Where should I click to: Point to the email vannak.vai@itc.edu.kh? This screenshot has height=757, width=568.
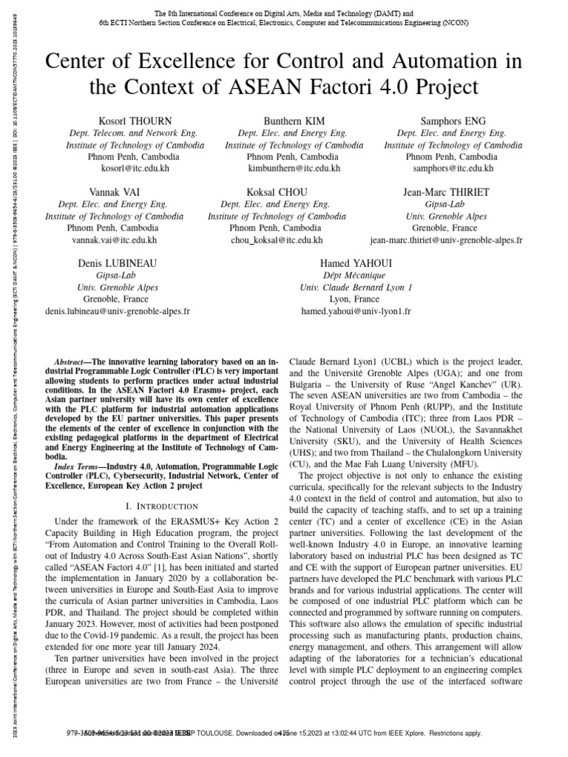tap(114, 241)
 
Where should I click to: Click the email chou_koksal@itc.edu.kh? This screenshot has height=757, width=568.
tap(277, 241)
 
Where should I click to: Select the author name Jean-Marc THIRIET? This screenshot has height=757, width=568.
tap(446, 192)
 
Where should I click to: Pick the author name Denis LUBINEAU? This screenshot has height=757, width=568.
tap(118, 263)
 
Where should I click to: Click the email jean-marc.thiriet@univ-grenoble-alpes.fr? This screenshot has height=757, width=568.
tap(446, 241)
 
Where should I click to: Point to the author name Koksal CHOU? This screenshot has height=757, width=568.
tap(277, 192)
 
